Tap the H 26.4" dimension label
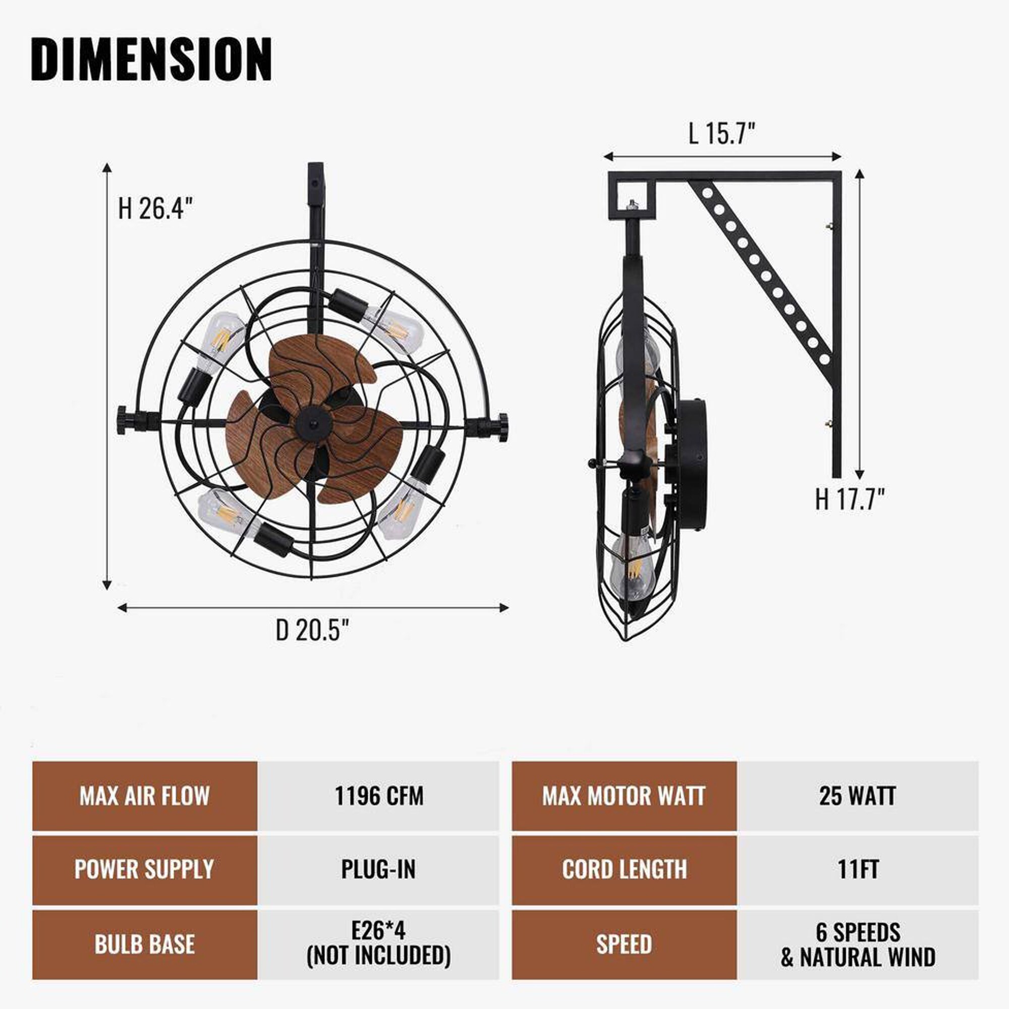pyautogui.click(x=155, y=209)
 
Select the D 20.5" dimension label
pyautogui.click(x=312, y=630)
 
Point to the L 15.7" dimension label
pyautogui.click(x=722, y=134)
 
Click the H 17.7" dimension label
pyautogui.click(x=850, y=499)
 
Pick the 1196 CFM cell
pyautogui.click(x=379, y=796)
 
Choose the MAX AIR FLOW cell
pyautogui.click(x=145, y=796)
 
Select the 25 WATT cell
pyautogui.click(x=857, y=796)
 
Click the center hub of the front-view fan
pyautogui.click(x=312, y=423)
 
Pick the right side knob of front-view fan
pyautogui.click(x=501, y=427)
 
